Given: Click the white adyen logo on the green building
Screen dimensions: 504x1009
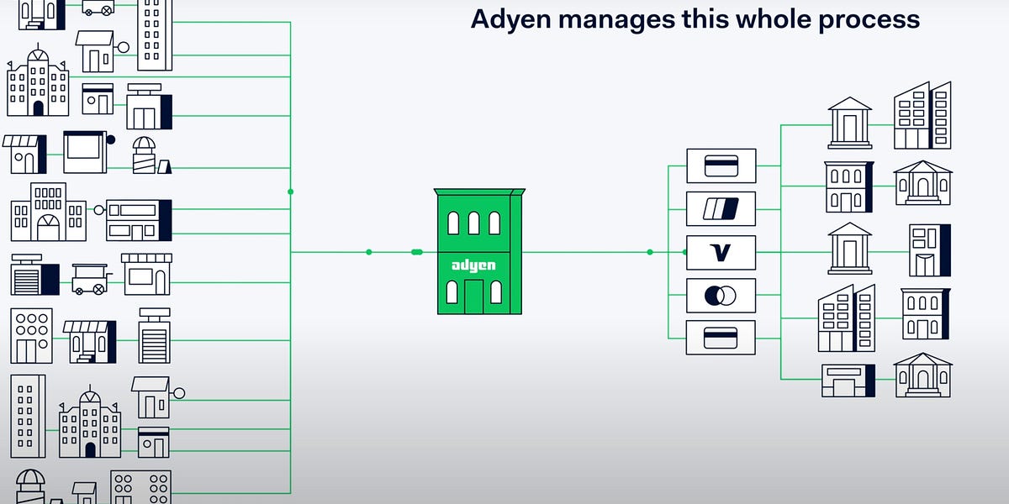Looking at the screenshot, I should pyautogui.click(x=473, y=265).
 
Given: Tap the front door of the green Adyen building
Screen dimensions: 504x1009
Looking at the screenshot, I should pyautogui.click(x=473, y=295).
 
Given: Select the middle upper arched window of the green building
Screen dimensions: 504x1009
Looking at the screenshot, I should pyautogui.click(x=473, y=223).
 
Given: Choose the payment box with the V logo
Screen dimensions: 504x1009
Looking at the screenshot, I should pyautogui.click(x=721, y=252).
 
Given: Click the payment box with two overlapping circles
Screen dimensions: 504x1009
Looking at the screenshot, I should pyautogui.click(x=721, y=295).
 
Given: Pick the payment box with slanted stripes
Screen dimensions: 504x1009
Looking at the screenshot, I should pyautogui.click(x=721, y=208).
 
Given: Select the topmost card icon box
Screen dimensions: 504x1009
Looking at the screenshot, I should pyautogui.click(x=721, y=165).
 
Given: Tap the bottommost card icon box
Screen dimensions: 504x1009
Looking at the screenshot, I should pyautogui.click(x=721, y=338).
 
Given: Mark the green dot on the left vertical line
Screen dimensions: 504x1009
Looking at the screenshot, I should pyautogui.click(x=290, y=192).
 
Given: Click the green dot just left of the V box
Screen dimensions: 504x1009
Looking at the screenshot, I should pyautogui.click(x=650, y=252).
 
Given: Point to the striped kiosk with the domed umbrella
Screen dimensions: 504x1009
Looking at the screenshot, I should pyautogui.click(x=144, y=155).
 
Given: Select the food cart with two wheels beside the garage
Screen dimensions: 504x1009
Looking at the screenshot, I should pyautogui.click(x=89, y=277).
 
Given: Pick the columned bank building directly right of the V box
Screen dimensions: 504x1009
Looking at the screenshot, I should pyautogui.click(x=849, y=248).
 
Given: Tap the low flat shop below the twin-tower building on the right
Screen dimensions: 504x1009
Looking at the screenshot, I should pyautogui.click(x=848, y=381).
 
